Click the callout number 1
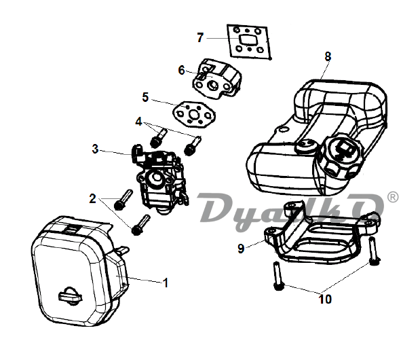click(x=166, y=283)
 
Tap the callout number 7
click(x=200, y=37)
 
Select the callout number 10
click(x=325, y=299)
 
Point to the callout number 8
click(x=328, y=56)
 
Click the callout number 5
click(x=145, y=97)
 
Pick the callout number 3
click(x=95, y=149)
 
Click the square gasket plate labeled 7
click(x=250, y=41)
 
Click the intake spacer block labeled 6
click(x=216, y=79)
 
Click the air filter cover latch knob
click(x=70, y=295)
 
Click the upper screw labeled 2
click(x=123, y=200)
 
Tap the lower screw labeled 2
click(x=140, y=225)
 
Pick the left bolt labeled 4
click(x=158, y=138)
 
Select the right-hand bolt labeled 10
click(x=374, y=251)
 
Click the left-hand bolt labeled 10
click(x=278, y=276)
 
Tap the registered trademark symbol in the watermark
click(x=393, y=197)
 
